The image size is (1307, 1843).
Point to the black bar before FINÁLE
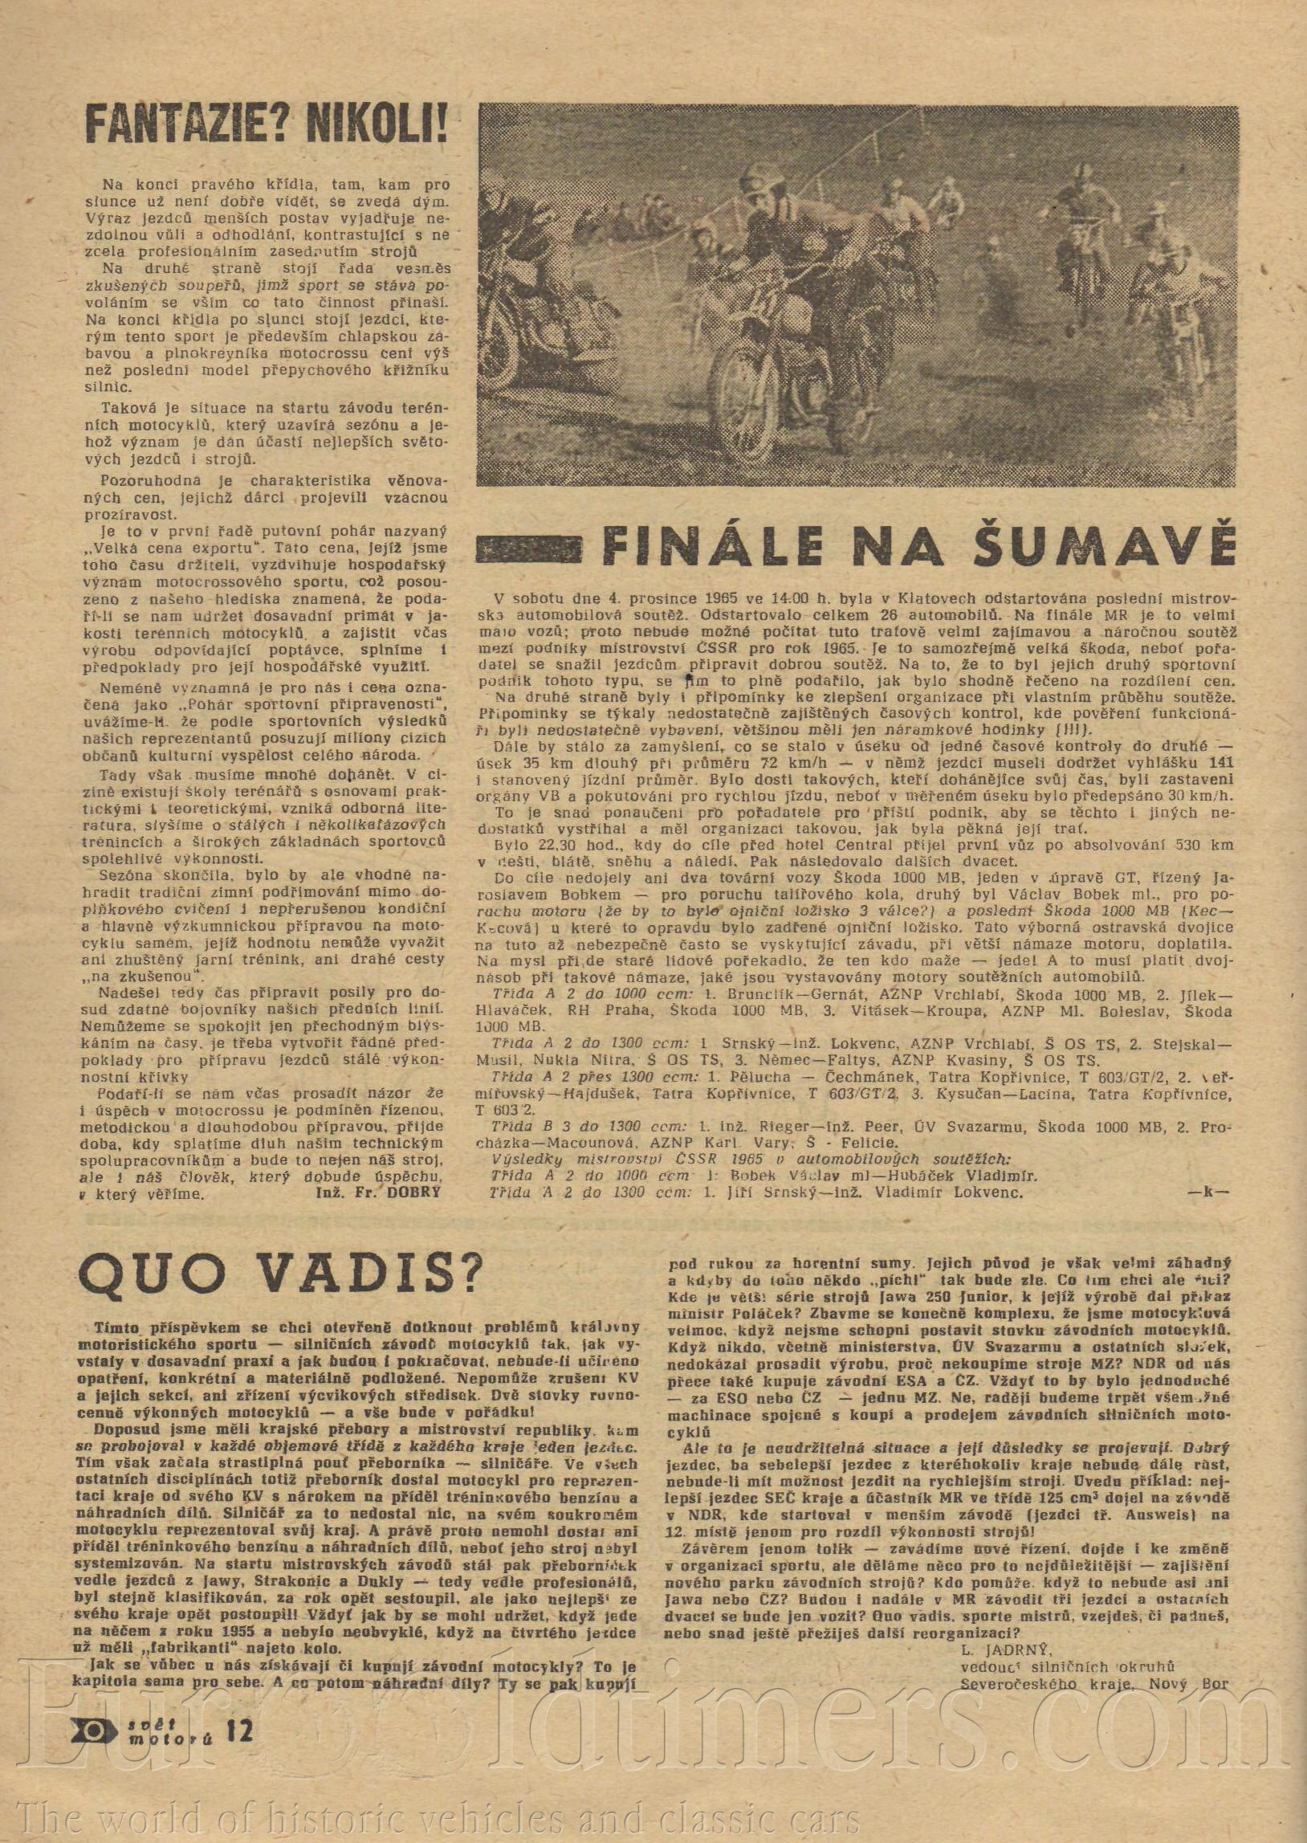[x=531, y=548]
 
